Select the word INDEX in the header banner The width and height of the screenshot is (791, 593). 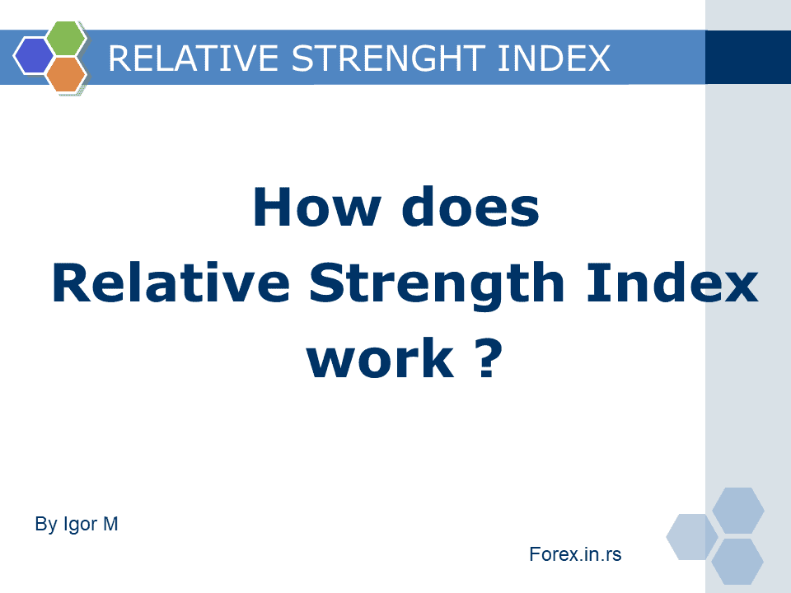[x=554, y=58]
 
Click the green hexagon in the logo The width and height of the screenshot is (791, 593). [x=67, y=39]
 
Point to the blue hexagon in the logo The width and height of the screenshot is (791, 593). [x=33, y=56]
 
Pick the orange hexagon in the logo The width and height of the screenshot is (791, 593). [x=67, y=74]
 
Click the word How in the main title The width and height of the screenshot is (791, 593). [x=316, y=208]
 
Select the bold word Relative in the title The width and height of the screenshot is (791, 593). [x=171, y=282]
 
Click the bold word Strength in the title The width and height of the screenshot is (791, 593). [x=437, y=286]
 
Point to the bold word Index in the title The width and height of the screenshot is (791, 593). [x=672, y=282]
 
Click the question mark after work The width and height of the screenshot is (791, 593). [x=489, y=358]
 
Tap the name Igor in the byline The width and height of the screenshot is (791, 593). [x=80, y=525]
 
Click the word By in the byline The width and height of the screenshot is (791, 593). [x=46, y=525]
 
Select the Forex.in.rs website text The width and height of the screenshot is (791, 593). [x=575, y=554]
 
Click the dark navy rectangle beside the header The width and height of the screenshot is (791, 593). [x=748, y=57]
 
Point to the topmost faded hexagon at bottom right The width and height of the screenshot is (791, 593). [x=738, y=511]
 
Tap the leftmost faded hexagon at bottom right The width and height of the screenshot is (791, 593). [x=692, y=536]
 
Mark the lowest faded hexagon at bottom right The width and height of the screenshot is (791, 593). [x=737, y=561]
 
